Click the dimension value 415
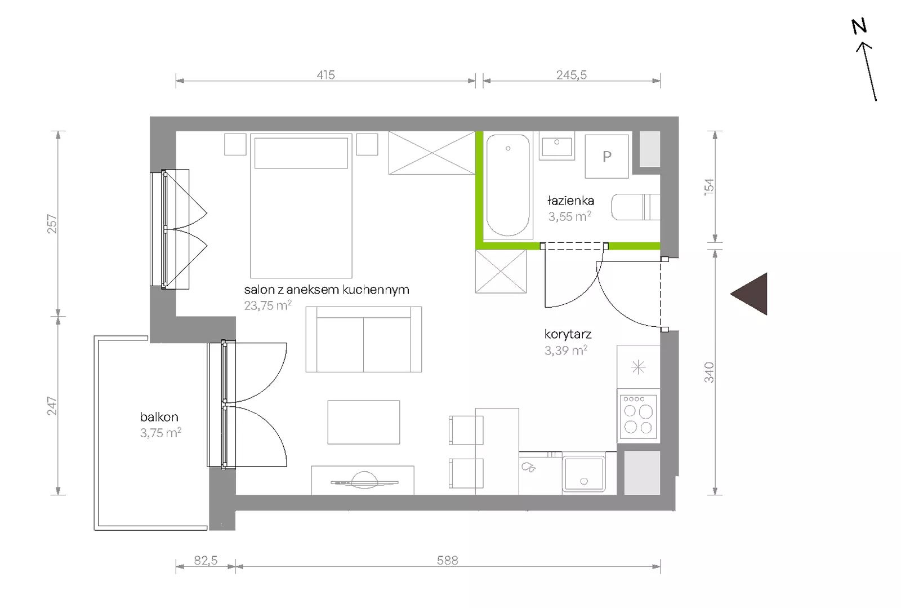point(325,75)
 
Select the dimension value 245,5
point(571,75)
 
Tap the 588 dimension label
point(447,560)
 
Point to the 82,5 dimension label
point(206,560)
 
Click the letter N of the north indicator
point(859,26)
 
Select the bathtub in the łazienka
point(508,185)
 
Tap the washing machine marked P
point(606,156)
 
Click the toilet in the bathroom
point(636,207)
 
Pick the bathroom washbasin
point(557,146)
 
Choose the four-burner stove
point(639,416)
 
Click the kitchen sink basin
point(583,474)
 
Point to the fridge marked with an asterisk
point(639,367)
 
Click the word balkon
point(159,417)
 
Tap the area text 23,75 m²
point(267,305)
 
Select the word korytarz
point(568,334)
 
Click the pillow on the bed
point(301,153)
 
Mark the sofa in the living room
point(364,339)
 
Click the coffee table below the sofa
point(364,422)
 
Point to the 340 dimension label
point(709,372)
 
